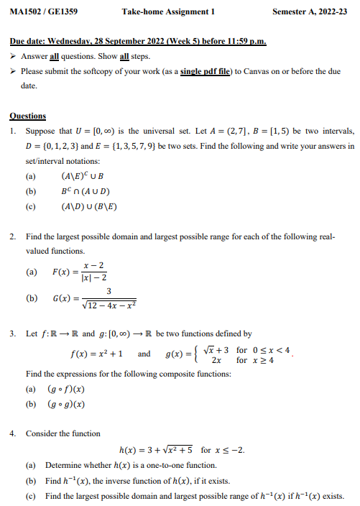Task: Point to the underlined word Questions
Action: click(28, 116)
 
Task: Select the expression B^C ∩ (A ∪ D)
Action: click(86, 192)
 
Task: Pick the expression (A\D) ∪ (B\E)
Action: click(89, 207)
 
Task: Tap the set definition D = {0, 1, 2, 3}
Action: click(56, 146)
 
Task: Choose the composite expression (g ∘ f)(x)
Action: click(65, 389)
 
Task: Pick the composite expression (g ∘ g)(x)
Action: click(65, 404)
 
